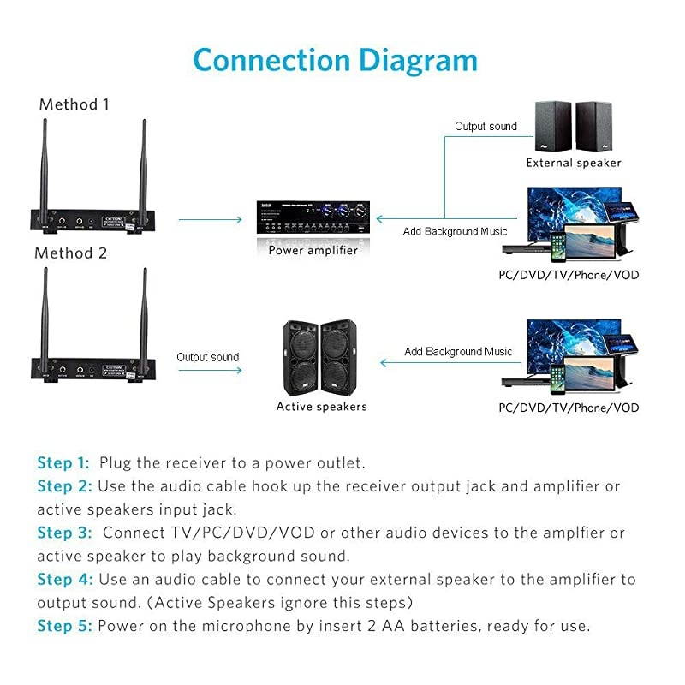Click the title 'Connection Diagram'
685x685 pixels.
[335, 62]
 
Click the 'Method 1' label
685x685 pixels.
[74, 105]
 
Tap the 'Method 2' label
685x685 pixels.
[71, 253]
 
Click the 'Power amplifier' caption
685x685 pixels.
[313, 251]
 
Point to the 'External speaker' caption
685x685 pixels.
[573, 163]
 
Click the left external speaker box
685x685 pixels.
[552, 126]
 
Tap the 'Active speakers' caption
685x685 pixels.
[321, 407]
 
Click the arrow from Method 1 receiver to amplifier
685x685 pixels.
[211, 220]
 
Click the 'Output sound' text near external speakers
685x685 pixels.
[485, 127]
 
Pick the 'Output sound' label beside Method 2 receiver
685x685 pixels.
[208, 357]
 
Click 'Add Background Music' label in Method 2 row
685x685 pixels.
[458, 352]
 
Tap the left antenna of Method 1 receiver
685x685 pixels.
[42, 163]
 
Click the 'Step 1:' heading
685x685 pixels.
[63, 463]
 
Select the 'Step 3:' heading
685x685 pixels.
[63, 533]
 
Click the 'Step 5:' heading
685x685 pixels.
[63, 626]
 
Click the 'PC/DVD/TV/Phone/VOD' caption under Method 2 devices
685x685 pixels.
[569, 408]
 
